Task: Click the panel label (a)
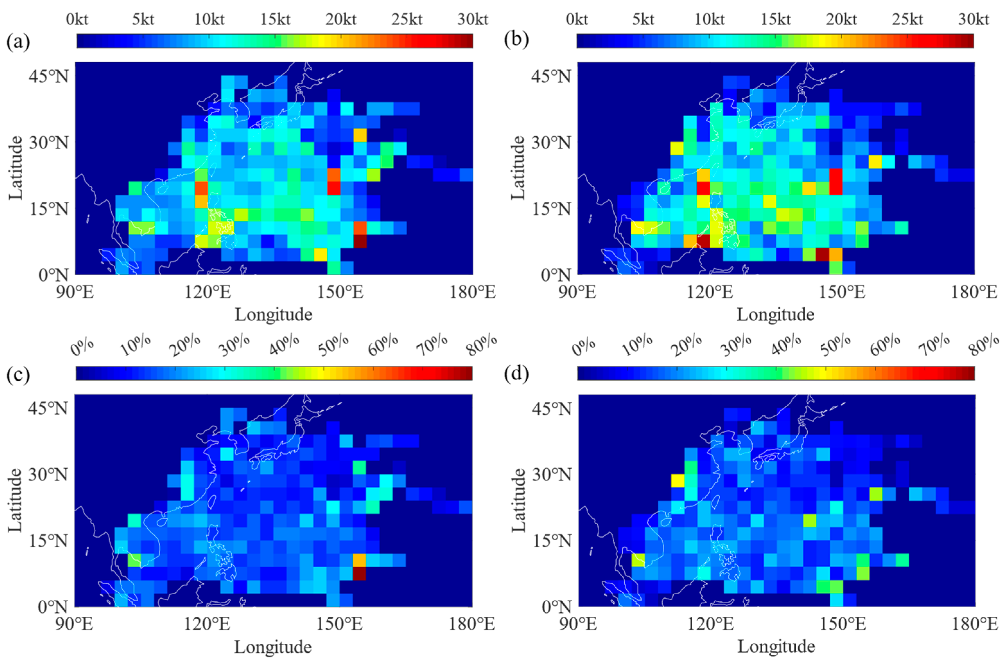click(x=18, y=42)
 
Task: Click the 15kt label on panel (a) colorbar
click(x=275, y=20)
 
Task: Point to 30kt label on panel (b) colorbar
click(x=973, y=20)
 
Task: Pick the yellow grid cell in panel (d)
click(x=677, y=480)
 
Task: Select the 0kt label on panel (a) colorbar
click(x=77, y=20)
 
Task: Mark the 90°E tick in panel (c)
click(x=74, y=624)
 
